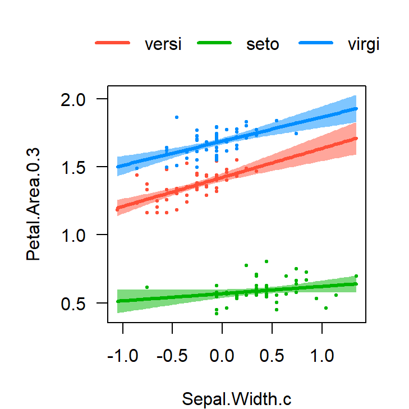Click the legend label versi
click(x=163, y=44)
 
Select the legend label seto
click(x=263, y=44)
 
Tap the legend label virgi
click(x=364, y=44)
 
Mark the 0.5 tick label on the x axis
click(x=272, y=357)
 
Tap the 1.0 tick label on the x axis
click(x=322, y=357)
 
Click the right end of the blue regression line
click(x=356, y=108)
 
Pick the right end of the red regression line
click(x=356, y=138)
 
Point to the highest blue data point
click(x=177, y=117)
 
